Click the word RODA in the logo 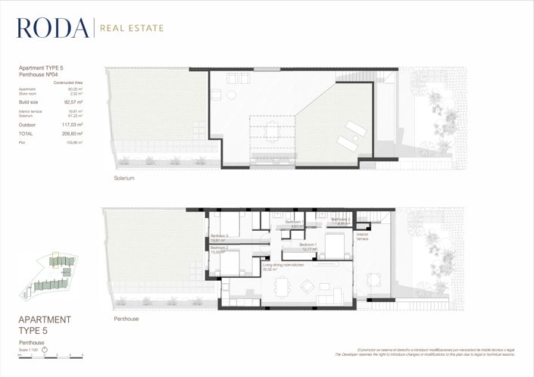pos(52,28)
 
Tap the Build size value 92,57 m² pos(73,101)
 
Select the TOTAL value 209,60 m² pos(73,132)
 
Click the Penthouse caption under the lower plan pos(126,319)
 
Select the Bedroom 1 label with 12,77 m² pos(309,245)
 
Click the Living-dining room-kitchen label pos(283,266)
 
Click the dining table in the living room pos(282,286)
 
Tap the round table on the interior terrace pos(373,279)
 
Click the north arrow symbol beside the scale pos(45,349)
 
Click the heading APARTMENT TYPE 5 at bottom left pos(44,325)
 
